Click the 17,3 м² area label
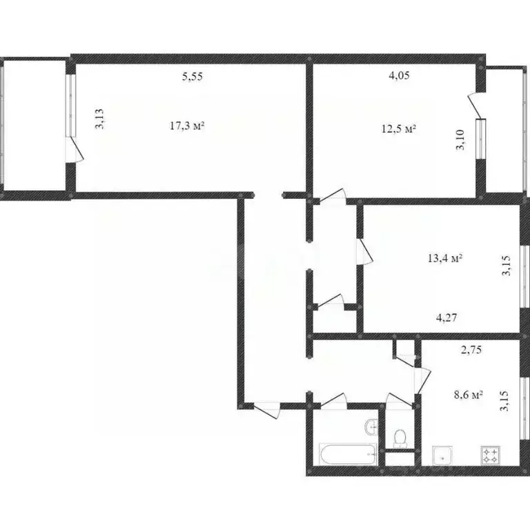tap(187, 126)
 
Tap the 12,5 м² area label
tap(399, 129)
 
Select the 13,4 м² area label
tap(445, 259)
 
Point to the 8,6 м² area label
tap(468, 394)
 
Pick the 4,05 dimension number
tap(399, 75)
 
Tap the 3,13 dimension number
tap(100, 119)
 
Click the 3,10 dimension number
tap(460, 139)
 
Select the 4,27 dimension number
tap(446, 317)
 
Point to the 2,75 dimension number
tap(471, 350)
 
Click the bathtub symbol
tap(348, 455)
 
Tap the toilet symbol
tap(400, 438)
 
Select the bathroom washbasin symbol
tap(371, 427)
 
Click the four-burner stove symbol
tap(491, 455)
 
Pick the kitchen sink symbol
tap(442, 455)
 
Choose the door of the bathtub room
tap(333, 400)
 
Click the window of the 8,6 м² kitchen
tap(524, 409)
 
